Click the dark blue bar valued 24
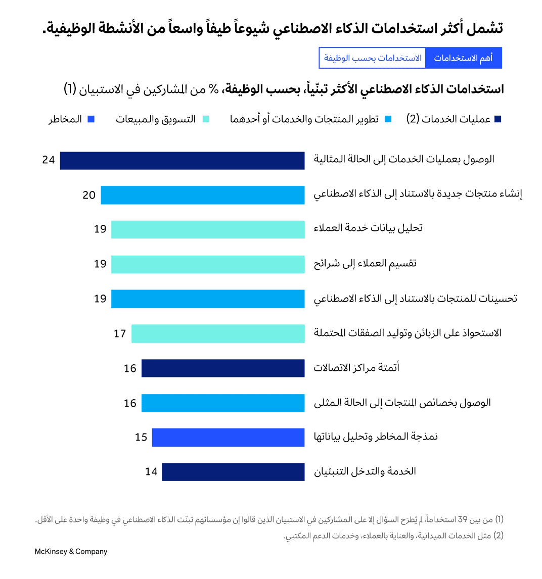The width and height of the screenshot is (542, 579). click(x=182, y=161)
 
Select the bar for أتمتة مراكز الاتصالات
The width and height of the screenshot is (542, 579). click(x=223, y=368)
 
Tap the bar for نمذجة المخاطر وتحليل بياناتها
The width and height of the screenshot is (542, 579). click(x=228, y=438)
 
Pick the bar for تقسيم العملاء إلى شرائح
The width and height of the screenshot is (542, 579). click(x=208, y=264)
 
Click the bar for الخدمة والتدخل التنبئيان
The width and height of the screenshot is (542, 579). click(x=233, y=472)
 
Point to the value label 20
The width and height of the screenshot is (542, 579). click(x=89, y=195)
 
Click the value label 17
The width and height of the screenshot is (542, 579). click(x=120, y=334)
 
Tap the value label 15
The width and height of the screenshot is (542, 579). click(x=141, y=438)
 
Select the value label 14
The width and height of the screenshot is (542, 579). click(x=151, y=472)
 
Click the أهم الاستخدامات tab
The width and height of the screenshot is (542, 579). click(x=463, y=58)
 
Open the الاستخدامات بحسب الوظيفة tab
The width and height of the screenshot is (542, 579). click(x=373, y=58)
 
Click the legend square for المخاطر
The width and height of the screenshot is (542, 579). click(x=91, y=120)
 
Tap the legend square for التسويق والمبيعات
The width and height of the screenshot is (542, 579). click(x=206, y=120)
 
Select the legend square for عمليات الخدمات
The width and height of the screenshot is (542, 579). click(x=498, y=120)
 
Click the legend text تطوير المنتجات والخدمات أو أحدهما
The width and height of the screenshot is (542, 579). click(x=304, y=120)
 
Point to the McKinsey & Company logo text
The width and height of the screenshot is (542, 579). click(x=71, y=552)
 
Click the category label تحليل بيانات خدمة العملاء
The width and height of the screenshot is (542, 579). click(x=368, y=228)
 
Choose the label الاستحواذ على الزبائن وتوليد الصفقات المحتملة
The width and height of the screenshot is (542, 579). click(x=408, y=333)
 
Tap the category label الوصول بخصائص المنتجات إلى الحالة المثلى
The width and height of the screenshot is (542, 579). click(x=402, y=403)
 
